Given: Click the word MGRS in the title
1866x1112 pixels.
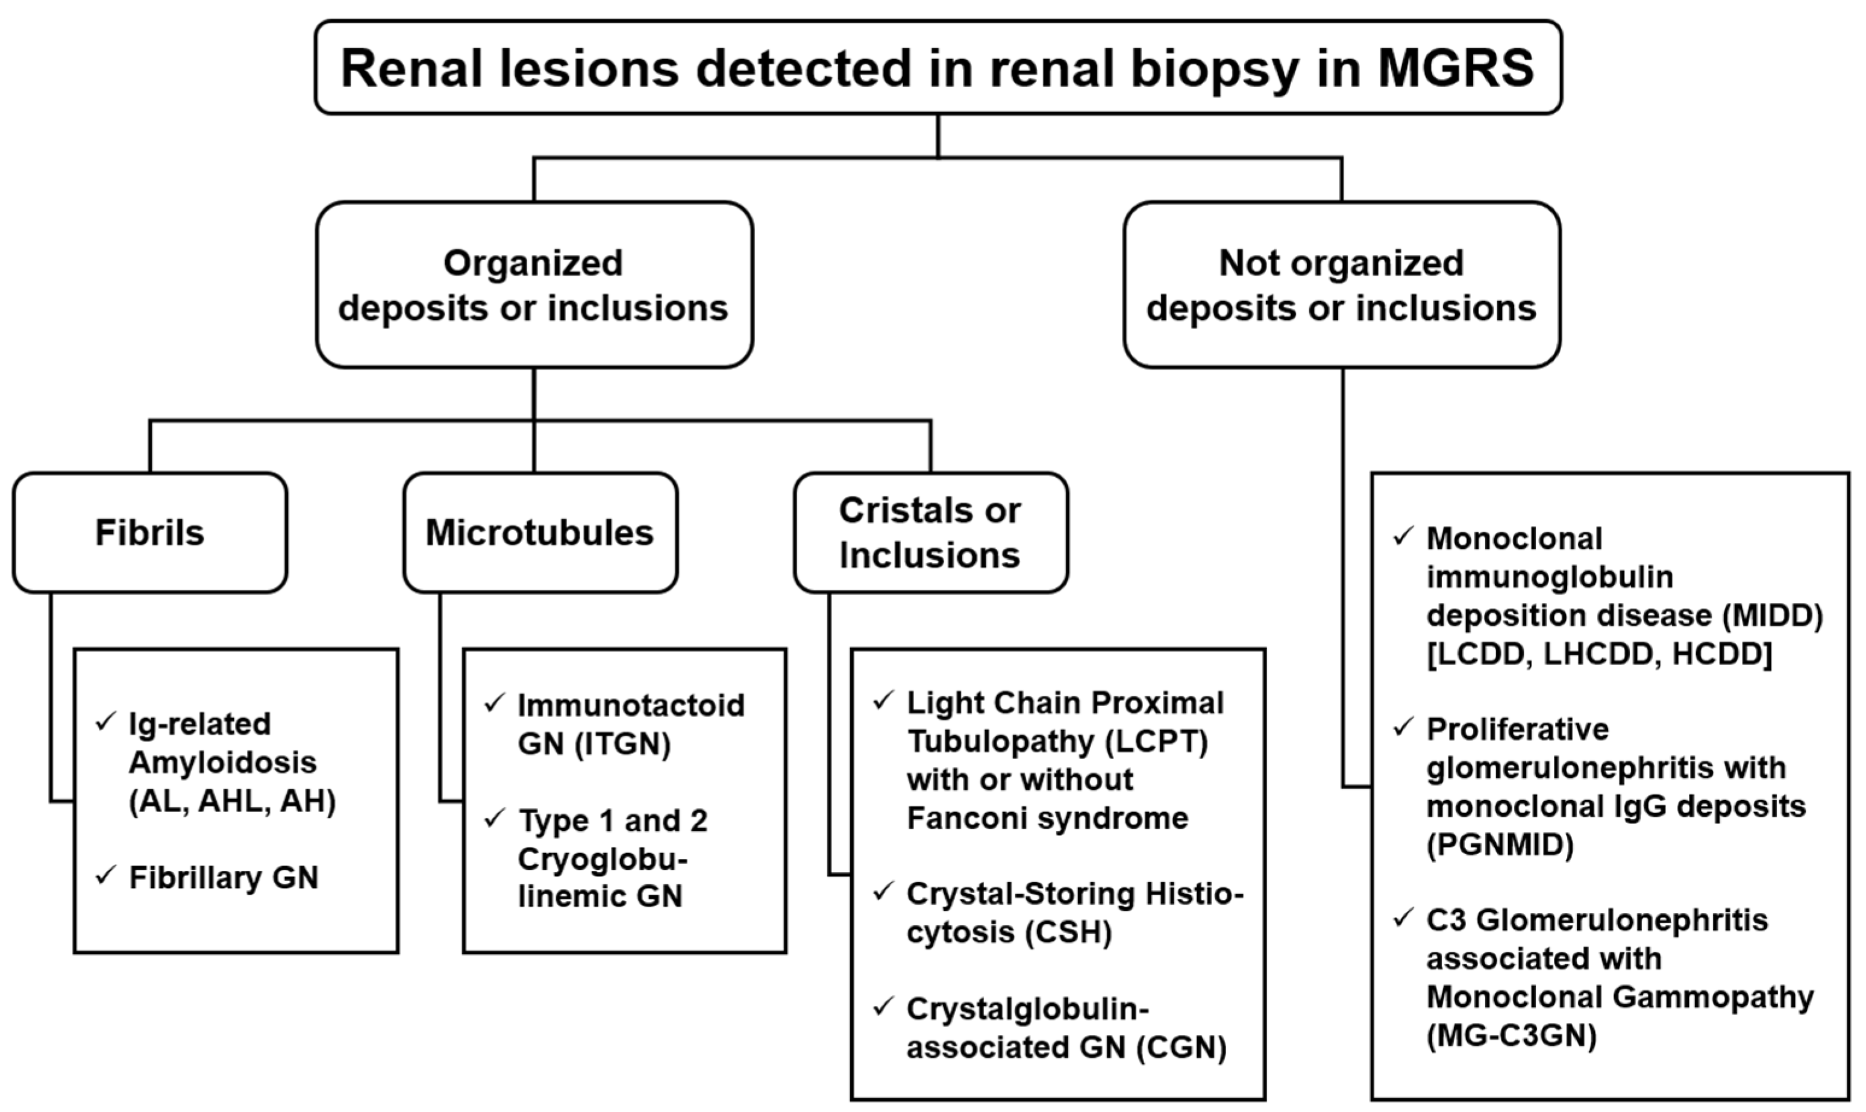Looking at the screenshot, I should click(1455, 68).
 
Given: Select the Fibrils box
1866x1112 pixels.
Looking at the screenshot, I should click(150, 533).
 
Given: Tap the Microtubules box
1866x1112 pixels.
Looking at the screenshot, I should click(540, 533).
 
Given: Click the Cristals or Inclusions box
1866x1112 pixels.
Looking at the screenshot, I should click(930, 533).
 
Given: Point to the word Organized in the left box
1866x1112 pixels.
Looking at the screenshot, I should click(533, 263).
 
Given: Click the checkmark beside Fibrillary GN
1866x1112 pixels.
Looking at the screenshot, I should click(105, 875).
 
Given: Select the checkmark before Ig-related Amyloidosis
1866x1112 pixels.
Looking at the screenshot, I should click(105, 722).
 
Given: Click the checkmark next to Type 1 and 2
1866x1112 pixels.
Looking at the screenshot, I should click(495, 818).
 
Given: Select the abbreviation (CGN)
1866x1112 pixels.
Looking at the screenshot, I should click(1181, 1048).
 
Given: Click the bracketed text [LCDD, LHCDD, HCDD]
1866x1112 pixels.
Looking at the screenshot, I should click(1599, 654).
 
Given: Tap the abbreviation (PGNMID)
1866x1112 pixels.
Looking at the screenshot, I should click(1500, 845).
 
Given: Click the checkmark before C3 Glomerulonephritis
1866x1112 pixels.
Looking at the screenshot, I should click(1403, 917).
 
